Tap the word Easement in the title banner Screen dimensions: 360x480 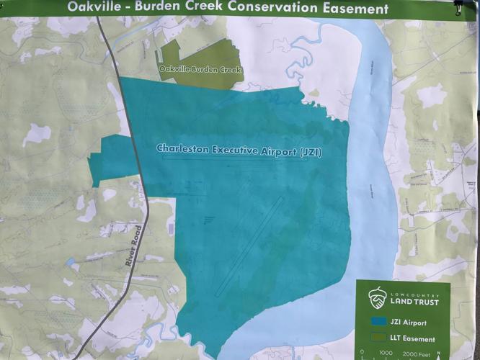pyautogui.click(x=355, y=9)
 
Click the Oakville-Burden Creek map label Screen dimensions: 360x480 pyautogui.click(x=200, y=70)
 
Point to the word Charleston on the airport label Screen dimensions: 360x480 pyautogui.click(x=182, y=149)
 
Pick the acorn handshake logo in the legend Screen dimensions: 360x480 pyautogui.click(x=377, y=296)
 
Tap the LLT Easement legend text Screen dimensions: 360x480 pyautogui.click(x=414, y=338)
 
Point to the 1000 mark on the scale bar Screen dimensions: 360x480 pyautogui.click(x=386, y=354)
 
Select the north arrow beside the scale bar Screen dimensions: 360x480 pyautogui.click(x=449, y=351)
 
